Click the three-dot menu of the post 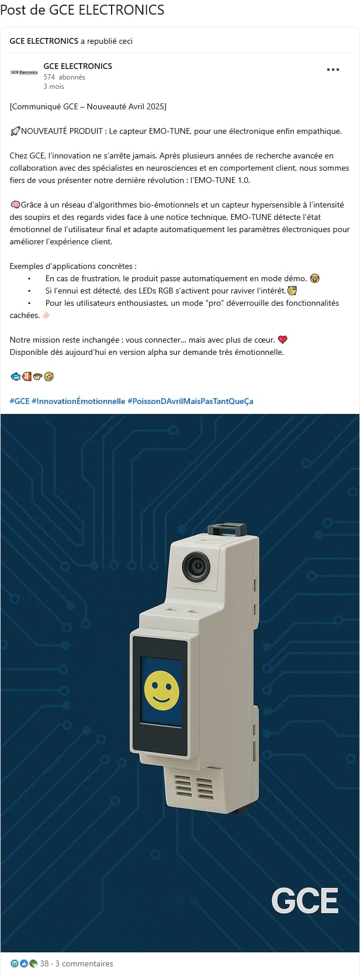point(333,70)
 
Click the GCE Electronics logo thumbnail point(24,72)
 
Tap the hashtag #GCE point(19,401)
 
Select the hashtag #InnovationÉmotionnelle point(78,401)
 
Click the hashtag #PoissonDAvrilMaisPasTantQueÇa point(191,401)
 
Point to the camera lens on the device point(196,566)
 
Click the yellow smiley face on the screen point(161,690)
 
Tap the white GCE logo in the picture point(305,900)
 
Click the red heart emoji point(283,340)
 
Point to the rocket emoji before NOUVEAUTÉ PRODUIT point(15,131)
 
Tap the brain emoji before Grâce point(15,205)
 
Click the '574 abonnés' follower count point(64,77)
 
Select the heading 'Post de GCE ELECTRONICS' point(82,9)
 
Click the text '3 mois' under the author point(54,87)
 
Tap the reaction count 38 point(44,963)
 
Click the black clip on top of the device point(227,530)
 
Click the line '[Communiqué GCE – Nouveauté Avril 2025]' point(88,106)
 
